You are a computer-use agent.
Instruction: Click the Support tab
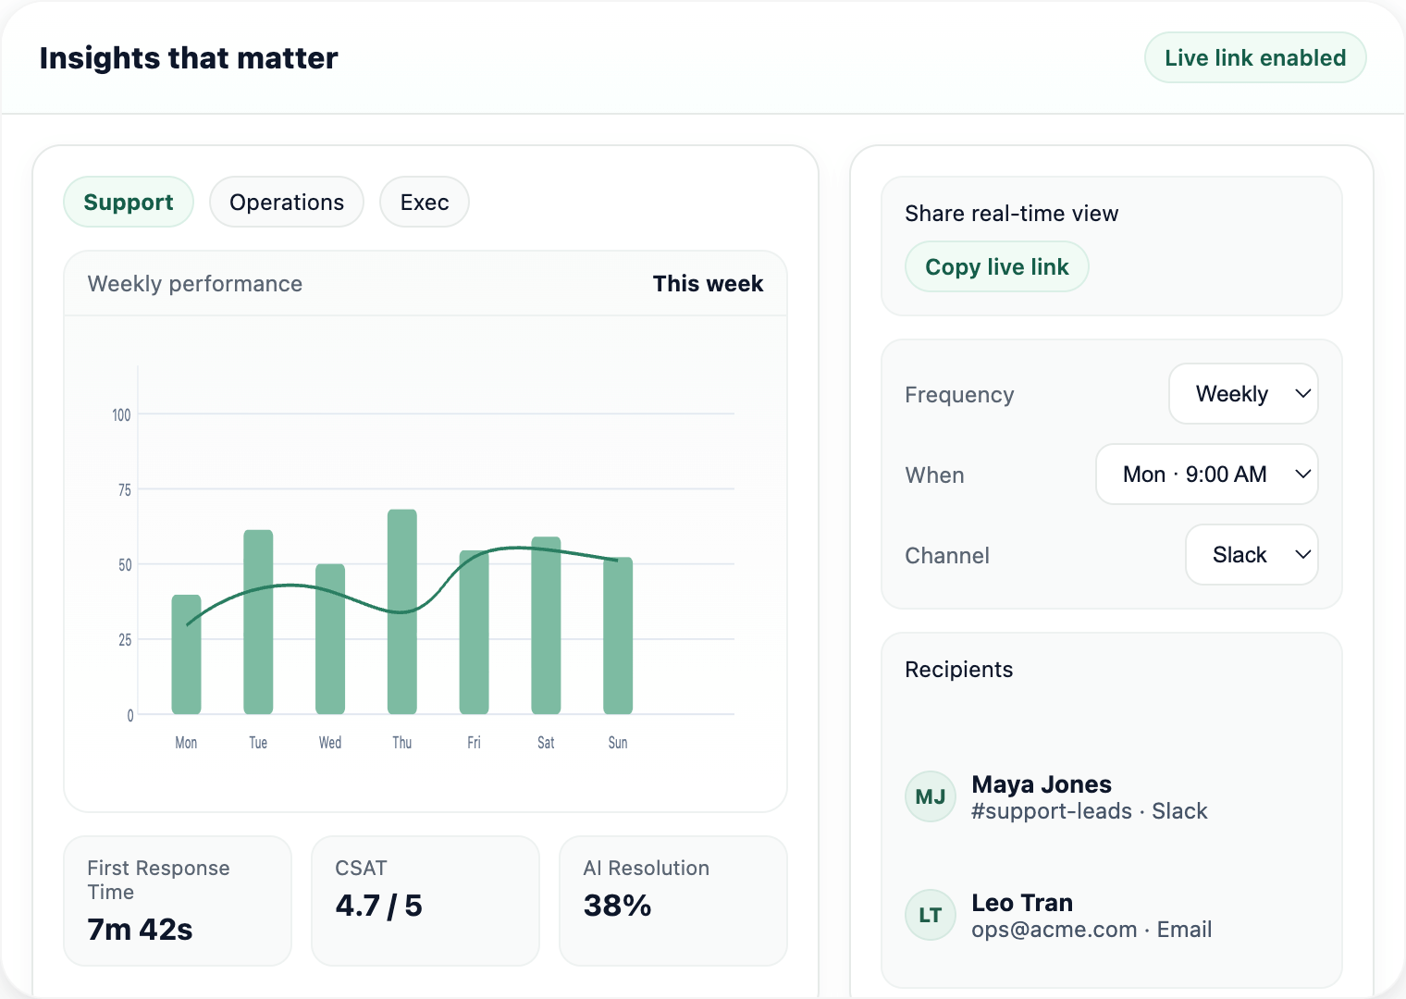click(x=129, y=202)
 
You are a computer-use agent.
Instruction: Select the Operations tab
click(x=287, y=202)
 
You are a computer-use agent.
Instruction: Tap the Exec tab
click(x=425, y=202)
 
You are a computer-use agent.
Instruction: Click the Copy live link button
click(x=996, y=266)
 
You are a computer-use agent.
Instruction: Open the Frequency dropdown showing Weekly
click(x=1243, y=394)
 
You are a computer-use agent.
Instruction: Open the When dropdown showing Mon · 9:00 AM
click(x=1206, y=475)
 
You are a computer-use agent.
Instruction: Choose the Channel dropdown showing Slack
click(x=1252, y=555)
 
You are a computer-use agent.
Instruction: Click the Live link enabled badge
click(x=1255, y=57)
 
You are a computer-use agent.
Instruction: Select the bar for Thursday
click(x=402, y=611)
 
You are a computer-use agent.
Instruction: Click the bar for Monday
click(x=186, y=654)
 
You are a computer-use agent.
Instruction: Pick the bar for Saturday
click(x=546, y=625)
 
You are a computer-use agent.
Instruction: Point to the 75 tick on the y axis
click(x=124, y=489)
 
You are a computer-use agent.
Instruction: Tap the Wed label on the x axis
click(x=330, y=743)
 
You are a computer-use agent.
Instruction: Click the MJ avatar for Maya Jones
click(x=930, y=796)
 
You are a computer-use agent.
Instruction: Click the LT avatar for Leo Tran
click(x=930, y=915)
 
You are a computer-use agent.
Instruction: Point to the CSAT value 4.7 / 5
click(x=378, y=906)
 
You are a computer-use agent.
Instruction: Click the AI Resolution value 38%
click(x=617, y=906)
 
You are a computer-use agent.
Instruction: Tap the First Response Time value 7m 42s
click(x=140, y=929)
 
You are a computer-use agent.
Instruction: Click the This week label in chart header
click(x=708, y=284)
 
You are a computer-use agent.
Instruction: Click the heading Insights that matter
click(x=189, y=57)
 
